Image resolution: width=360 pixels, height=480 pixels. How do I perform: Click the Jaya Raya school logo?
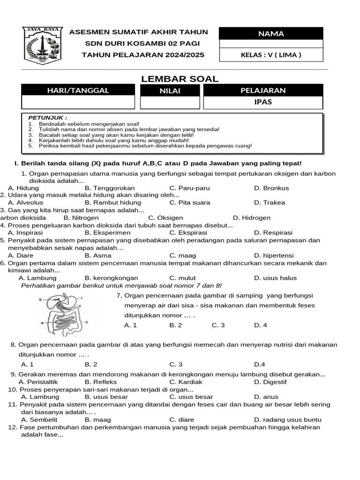pyautogui.click(x=42, y=45)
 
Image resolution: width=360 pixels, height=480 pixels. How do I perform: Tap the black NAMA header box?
pyautogui.click(x=271, y=33)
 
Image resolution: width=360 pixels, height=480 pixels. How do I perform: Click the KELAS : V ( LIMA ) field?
pyautogui.click(x=271, y=55)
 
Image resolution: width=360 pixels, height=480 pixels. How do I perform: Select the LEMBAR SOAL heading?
pyautogui.click(x=180, y=79)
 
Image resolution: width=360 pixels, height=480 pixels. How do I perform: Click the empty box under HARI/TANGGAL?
pyautogui.click(x=78, y=102)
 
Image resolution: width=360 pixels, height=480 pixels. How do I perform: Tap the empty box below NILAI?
pyautogui.click(x=170, y=102)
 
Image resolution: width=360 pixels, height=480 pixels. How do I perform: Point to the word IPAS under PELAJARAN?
pyautogui.click(x=263, y=102)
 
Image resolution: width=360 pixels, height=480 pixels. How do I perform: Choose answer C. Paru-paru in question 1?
pyautogui.click(x=189, y=188)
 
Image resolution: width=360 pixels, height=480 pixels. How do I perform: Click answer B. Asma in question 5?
pyautogui.click(x=98, y=255)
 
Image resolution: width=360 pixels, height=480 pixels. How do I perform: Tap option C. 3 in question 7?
pyautogui.click(x=218, y=325)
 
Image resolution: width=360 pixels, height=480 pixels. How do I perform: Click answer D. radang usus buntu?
pyautogui.click(x=287, y=420)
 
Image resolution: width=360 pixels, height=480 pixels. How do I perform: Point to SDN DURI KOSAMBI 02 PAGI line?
pyautogui.click(x=138, y=44)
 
